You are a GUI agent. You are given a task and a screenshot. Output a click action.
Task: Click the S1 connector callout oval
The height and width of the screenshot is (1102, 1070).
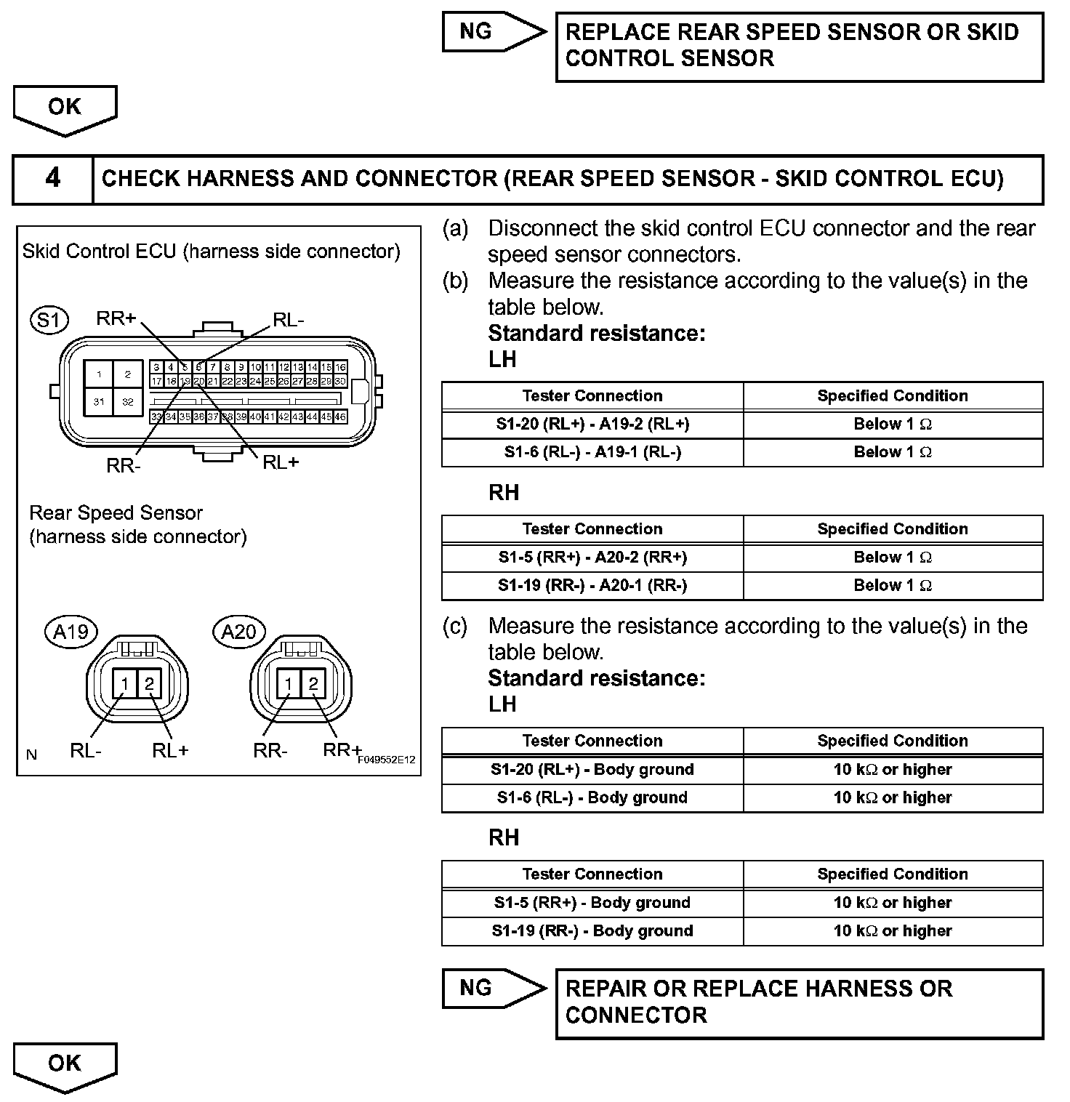click(x=49, y=320)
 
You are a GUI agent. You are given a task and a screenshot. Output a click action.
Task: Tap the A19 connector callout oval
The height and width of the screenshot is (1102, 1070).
click(x=71, y=632)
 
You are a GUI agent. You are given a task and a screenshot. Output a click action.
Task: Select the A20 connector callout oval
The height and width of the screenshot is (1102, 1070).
click(x=239, y=632)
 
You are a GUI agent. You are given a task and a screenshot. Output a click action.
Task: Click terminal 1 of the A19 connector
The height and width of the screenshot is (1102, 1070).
click(x=126, y=683)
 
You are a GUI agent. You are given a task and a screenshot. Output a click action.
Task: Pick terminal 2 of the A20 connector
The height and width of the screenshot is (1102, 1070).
click(x=313, y=683)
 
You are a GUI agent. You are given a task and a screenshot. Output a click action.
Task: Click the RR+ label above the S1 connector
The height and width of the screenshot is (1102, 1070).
click(x=116, y=318)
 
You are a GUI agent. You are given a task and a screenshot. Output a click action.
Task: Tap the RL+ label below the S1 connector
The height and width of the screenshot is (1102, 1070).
click(x=281, y=462)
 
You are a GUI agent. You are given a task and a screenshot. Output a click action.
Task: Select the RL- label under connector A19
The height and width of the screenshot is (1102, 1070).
click(x=86, y=751)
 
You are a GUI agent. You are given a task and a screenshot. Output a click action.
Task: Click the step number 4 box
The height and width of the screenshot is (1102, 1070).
click(x=53, y=179)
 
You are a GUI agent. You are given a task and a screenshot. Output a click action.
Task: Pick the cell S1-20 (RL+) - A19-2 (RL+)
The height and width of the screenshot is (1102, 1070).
click(x=592, y=425)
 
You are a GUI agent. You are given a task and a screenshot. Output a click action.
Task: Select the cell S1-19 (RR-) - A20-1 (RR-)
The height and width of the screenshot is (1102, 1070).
click(x=592, y=586)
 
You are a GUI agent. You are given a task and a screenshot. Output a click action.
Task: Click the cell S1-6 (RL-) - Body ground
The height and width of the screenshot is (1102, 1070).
click(x=592, y=798)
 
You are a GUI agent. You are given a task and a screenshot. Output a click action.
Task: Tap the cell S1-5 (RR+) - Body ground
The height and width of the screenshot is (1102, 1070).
click(x=592, y=903)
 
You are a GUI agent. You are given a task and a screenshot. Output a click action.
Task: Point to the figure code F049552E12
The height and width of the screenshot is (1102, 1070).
click(x=386, y=760)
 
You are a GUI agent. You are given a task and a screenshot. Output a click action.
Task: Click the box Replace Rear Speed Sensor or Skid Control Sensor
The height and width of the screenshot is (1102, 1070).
click(x=799, y=46)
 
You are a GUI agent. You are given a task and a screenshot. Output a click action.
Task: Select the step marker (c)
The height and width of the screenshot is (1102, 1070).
click(x=455, y=626)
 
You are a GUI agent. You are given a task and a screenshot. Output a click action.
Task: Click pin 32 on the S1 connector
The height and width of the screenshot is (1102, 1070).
click(x=128, y=401)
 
